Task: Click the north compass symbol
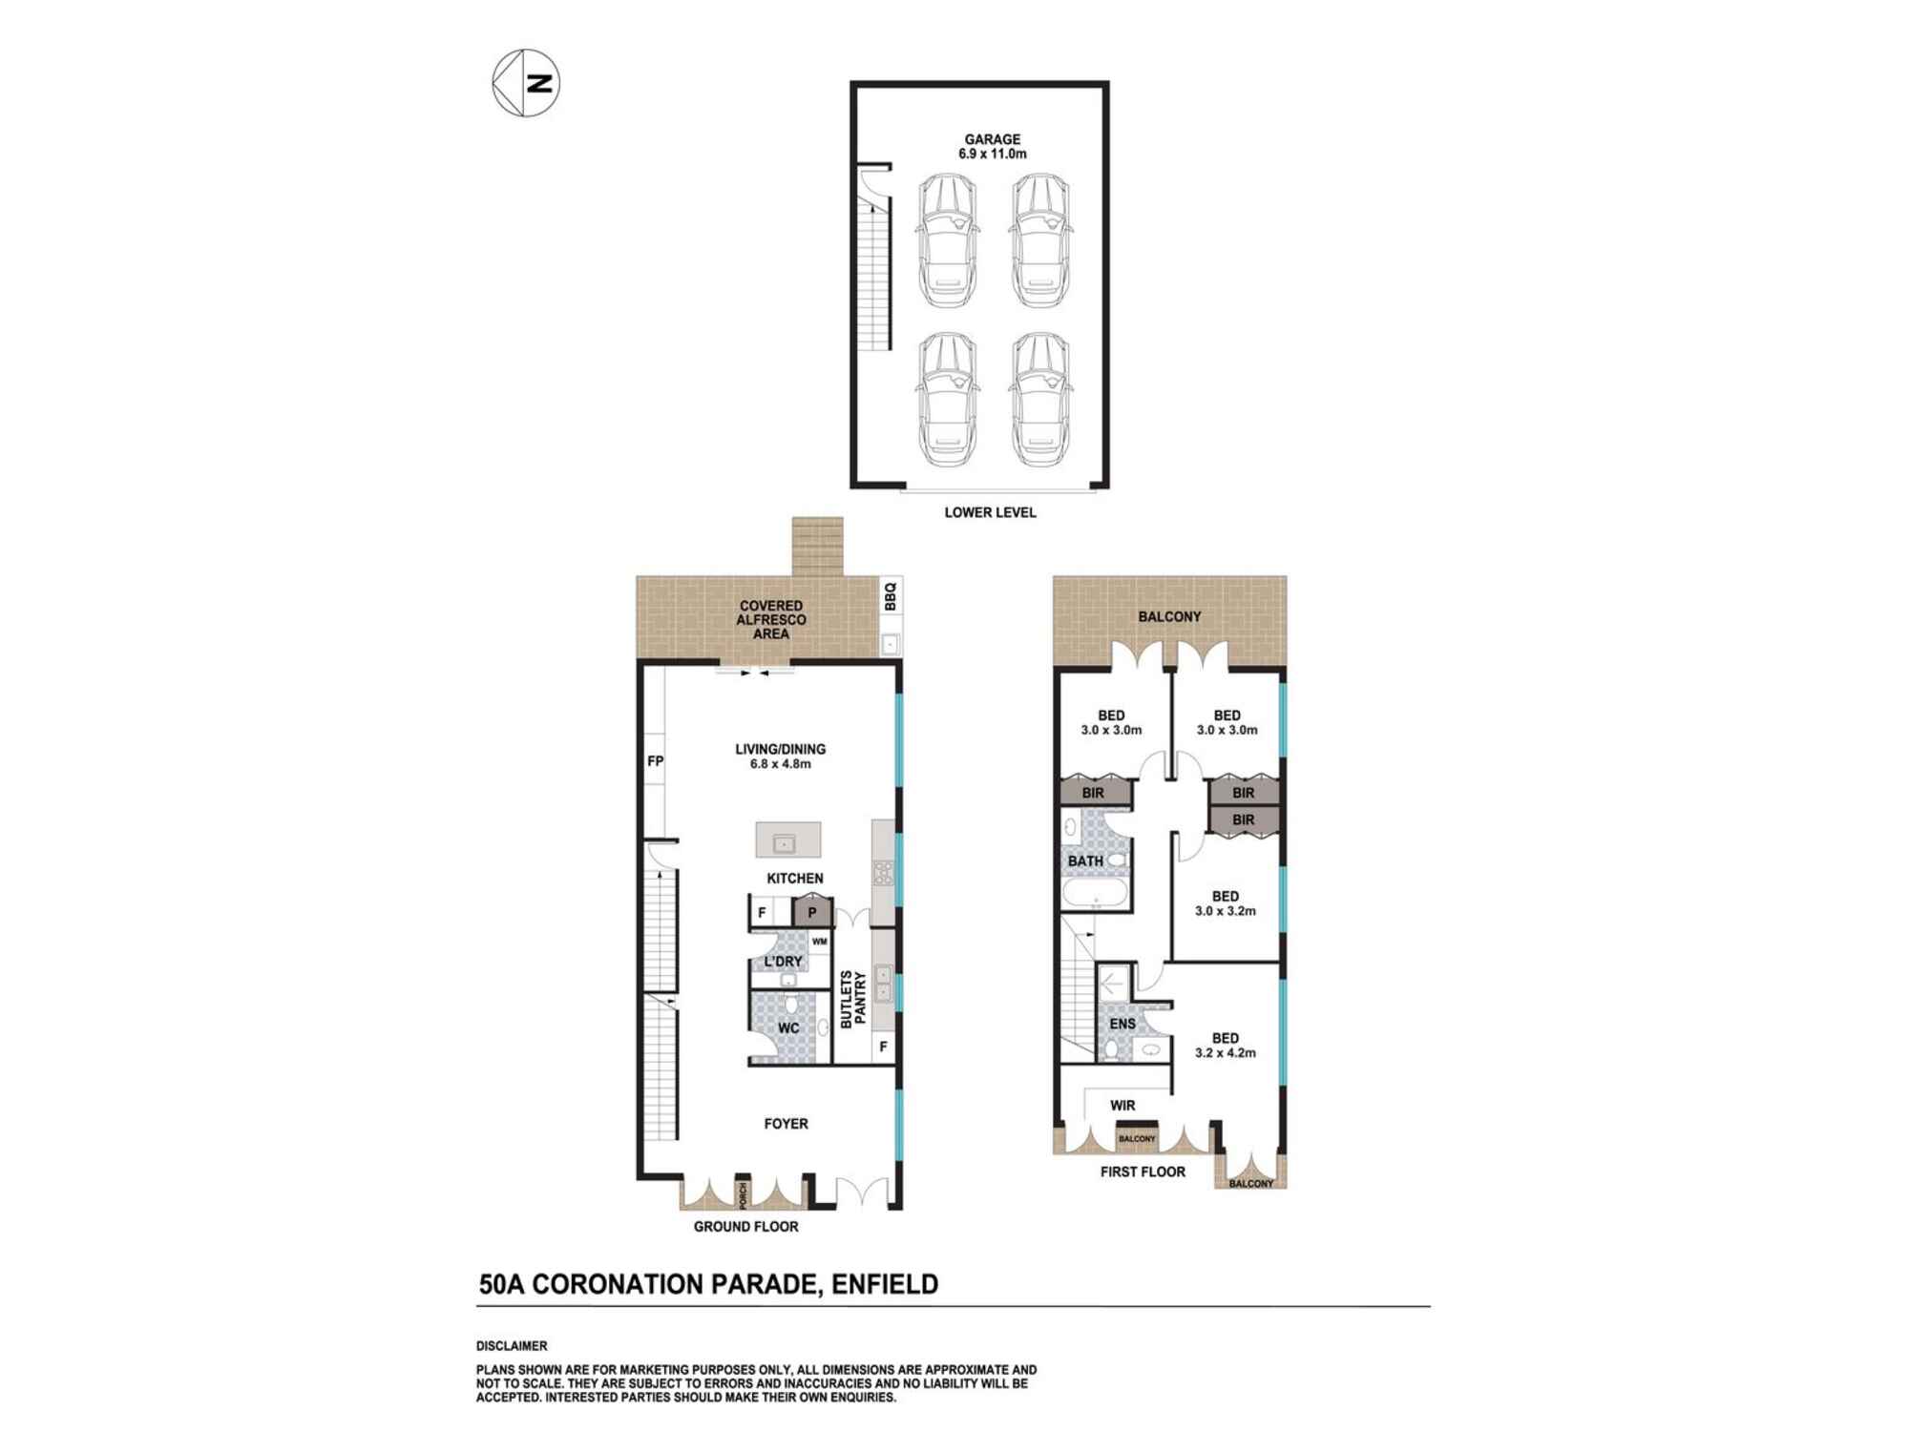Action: coord(526,83)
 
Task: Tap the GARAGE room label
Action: coord(992,139)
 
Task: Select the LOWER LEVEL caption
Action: coord(990,512)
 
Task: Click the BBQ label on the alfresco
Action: coord(891,596)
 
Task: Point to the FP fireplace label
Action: coord(655,761)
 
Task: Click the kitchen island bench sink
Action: coord(785,843)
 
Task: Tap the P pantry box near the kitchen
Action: coord(812,912)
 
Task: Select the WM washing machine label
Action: coord(819,942)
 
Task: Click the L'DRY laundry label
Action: coord(783,961)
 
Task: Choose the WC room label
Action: coord(788,1028)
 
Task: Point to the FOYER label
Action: coord(786,1124)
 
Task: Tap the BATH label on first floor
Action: coord(1085,861)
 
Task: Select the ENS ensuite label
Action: coord(1122,1024)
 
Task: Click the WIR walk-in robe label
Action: coord(1122,1106)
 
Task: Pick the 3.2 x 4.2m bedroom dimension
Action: coord(1226,1053)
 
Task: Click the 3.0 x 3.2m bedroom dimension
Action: coord(1226,911)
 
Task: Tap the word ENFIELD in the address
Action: coord(885,1284)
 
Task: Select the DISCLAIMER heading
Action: coord(512,1346)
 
